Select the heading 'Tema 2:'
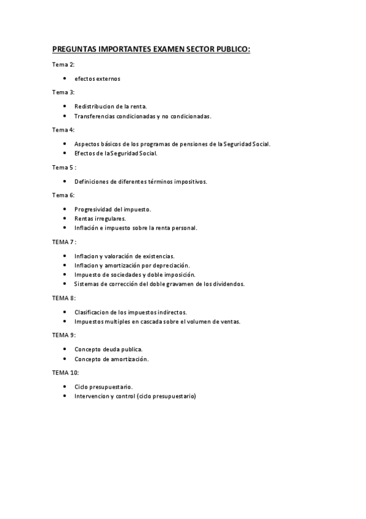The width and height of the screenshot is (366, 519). click(x=63, y=64)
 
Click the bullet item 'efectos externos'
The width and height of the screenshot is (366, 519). click(x=97, y=78)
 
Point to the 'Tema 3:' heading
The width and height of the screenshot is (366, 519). click(x=63, y=92)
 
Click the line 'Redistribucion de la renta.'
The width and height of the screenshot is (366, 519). click(x=111, y=106)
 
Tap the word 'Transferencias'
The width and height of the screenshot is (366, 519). click(x=95, y=116)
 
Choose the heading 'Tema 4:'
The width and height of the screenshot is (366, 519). click(x=63, y=130)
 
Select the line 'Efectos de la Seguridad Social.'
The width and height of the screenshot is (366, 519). click(x=115, y=153)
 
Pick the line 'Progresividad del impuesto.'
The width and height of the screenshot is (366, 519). click(x=112, y=209)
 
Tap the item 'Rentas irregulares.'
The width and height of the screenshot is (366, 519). click(x=100, y=218)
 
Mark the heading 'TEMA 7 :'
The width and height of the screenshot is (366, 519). click(x=64, y=242)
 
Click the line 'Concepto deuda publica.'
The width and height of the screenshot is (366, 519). click(x=108, y=349)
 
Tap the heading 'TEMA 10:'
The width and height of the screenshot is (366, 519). click(x=65, y=373)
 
